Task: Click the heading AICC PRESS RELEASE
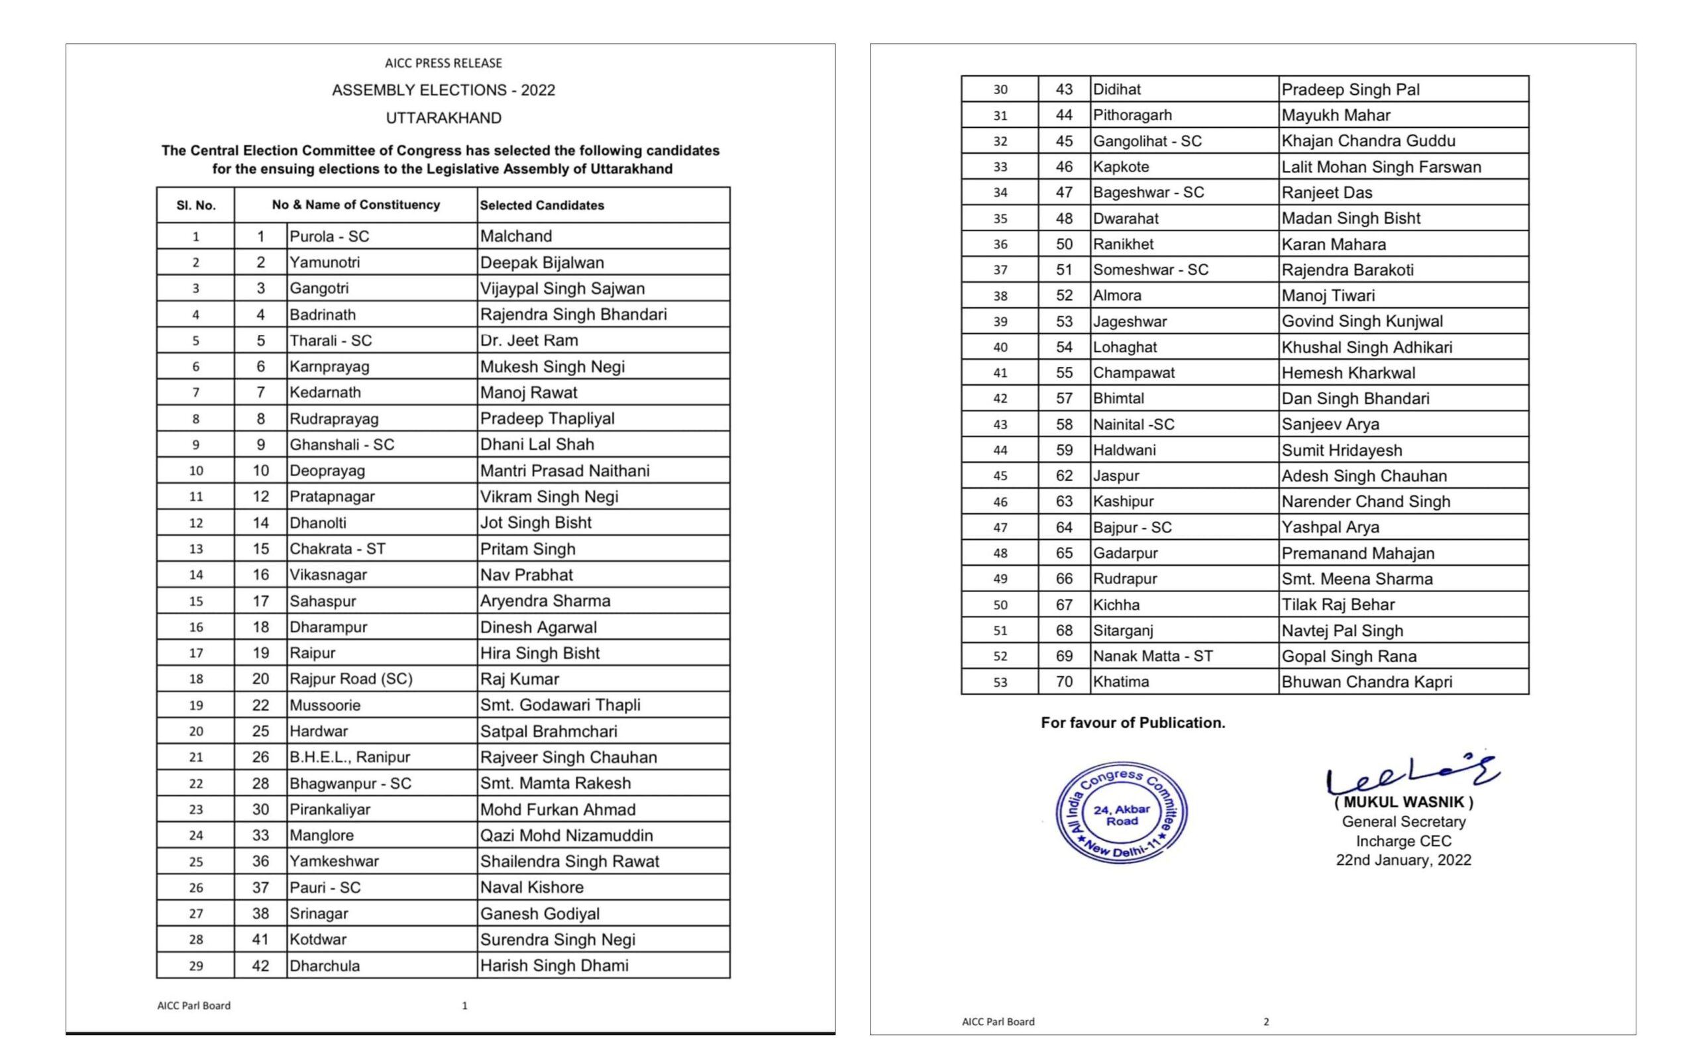443,63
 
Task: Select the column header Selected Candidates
541,205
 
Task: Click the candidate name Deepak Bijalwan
541,263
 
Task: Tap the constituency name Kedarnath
325,392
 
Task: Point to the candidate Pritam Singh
527,548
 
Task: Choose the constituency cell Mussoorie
325,705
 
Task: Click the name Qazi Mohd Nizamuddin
566,835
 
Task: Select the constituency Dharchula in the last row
325,965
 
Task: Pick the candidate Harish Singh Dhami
554,965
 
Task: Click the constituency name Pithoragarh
1132,115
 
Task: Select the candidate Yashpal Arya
1330,527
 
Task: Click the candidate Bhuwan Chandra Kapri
1366,681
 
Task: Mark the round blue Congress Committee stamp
1121,813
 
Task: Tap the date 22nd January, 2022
1403,860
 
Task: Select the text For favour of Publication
1133,723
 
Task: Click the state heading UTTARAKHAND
443,118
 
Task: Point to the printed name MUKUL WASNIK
1403,803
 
